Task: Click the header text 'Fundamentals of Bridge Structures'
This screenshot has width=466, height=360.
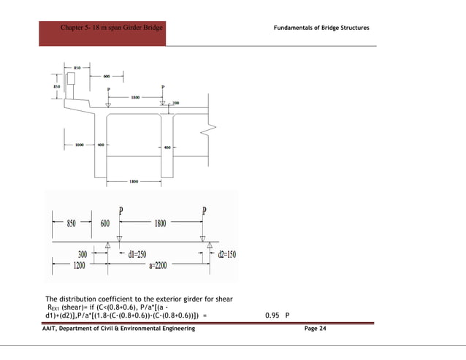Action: click(321, 28)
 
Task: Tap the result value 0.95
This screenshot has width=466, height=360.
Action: click(272, 316)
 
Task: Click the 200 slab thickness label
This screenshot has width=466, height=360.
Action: click(175, 103)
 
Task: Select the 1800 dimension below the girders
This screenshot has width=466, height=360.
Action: click(134, 180)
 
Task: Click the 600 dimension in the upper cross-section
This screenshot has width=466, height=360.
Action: click(107, 75)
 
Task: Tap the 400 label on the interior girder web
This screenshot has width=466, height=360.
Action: click(167, 148)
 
